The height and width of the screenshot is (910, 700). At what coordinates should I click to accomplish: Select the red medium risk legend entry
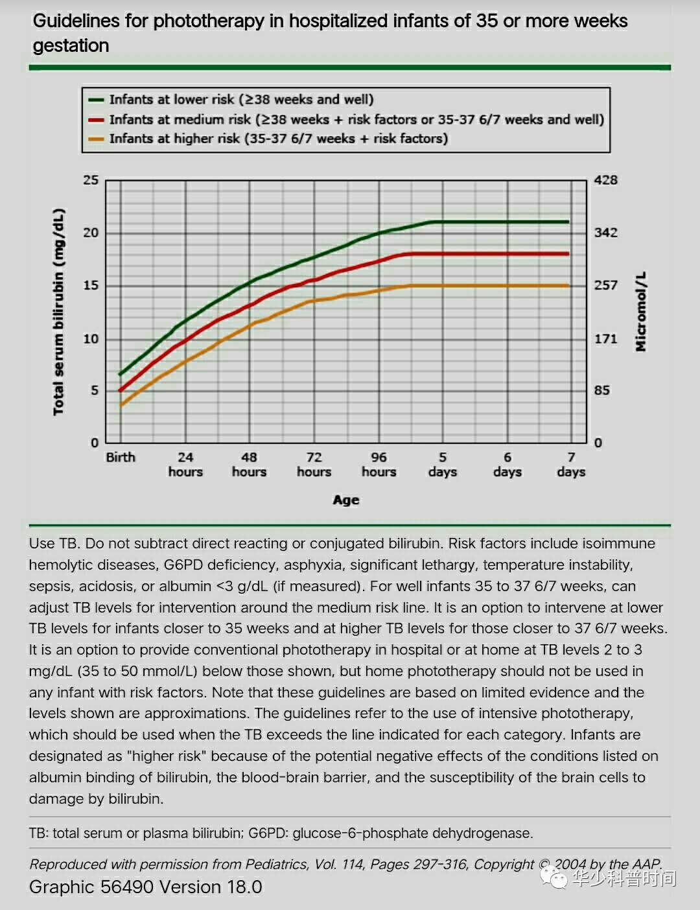pyautogui.click(x=356, y=120)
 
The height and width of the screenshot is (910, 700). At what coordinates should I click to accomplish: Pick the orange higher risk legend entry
pyautogui.click(x=278, y=139)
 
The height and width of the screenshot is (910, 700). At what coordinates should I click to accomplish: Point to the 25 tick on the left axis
pyautogui.click(x=91, y=180)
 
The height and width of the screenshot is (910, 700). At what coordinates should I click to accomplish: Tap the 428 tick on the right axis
pyautogui.click(x=606, y=180)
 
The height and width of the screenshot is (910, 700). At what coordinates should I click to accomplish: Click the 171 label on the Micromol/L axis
pyautogui.click(x=606, y=338)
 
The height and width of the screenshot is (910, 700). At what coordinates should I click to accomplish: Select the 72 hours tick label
pyautogui.click(x=314, y=465)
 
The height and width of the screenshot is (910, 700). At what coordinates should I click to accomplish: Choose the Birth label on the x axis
pyautogui.click(x=121, y=458)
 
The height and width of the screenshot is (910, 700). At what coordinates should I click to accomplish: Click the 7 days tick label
pyautogui.click(x=571, y=465)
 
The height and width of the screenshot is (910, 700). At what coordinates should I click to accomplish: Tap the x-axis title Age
pyautogui.click(x=346, y=500)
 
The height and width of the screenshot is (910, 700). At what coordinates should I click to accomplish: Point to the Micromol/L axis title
pyautogui.click(x=641, y=312)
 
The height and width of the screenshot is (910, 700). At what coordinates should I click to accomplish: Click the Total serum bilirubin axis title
pyautogui.click(x=59, y=312)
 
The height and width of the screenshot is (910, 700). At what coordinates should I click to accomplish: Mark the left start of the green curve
pyautogui.click(x=120, y=374)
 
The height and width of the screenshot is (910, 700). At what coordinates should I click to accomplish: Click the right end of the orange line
pyautogui.click(x=568, y=285)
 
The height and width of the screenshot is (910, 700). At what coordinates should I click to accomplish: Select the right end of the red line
pyautogui.click(x=568, y=253)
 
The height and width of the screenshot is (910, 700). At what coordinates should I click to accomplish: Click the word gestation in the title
pyautogui.click(x=71, y=46)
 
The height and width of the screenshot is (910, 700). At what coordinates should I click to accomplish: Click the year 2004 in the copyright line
pyautogui.click(x=570, y=865)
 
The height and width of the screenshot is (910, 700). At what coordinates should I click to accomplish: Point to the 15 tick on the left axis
pyautogui.click(x=91, y=285)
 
